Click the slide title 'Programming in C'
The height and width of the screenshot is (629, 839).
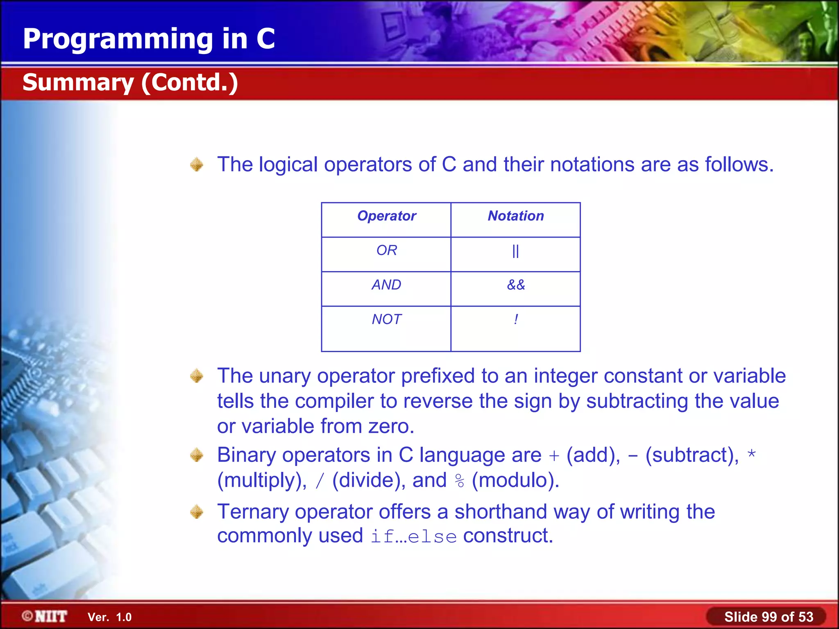coord(149,39)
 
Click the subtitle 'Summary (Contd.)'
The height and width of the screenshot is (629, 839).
coord(130,82)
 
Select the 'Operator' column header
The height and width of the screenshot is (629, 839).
coord(386,216)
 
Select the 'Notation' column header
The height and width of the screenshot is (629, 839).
coord(515,216)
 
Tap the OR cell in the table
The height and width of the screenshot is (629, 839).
coord(386,250)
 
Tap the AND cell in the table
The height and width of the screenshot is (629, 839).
coord(386,285)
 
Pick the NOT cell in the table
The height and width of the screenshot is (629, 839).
coord(386,319)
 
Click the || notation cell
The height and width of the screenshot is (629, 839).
coord(515,251)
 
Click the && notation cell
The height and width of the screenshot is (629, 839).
coord(515,285)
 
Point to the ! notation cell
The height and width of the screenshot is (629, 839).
coord(516,319)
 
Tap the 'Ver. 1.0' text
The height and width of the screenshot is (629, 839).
coord(109,617)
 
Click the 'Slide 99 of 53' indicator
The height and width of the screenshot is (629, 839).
coord(768,616)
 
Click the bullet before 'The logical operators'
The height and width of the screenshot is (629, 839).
coord(197,165)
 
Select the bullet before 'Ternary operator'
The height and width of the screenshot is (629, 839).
coord(197,512)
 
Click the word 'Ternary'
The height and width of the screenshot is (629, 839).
coord(252,512)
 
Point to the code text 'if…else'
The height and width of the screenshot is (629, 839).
coord(413,536)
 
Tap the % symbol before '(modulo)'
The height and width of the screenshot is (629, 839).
coord(460,481)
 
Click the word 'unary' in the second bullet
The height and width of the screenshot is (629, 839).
coord(285,376)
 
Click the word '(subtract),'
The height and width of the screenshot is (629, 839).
coord(692,455)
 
